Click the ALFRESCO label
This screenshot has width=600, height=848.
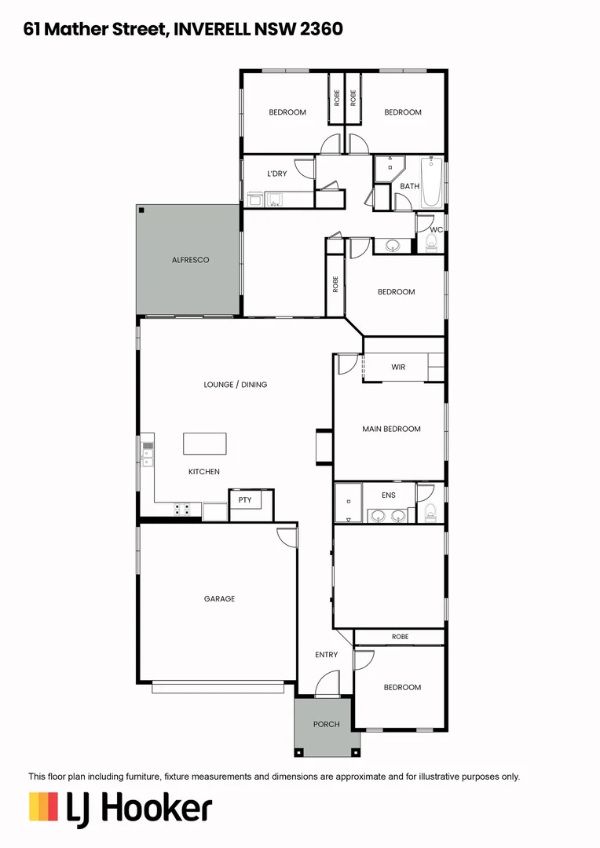(x=190, y=260)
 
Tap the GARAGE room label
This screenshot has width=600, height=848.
(x=219, y=599)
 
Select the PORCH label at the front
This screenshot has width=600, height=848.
(x=326, y=724)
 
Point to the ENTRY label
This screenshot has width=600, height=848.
(x=326, y=655)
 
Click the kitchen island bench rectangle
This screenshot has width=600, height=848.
(x=204, y=444)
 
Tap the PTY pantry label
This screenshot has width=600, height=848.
(x=245, y=499)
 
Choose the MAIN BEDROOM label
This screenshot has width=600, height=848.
(x=391, y=429)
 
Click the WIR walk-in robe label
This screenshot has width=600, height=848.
(x=398, y=367)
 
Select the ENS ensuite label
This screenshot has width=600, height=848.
(x=388, y=495)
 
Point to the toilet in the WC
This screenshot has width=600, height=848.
(x=430, y=243)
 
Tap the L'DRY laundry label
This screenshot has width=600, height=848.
(x=276, y=174)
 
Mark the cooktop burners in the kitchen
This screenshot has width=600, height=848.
(x=182, y=510)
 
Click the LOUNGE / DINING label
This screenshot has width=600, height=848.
(x=235, y=385)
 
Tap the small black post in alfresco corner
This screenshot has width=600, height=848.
(x=141, y=210)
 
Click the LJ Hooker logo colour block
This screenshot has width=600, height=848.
(x=43, y=806)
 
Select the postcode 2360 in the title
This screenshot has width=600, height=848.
(x=321, y=29)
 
